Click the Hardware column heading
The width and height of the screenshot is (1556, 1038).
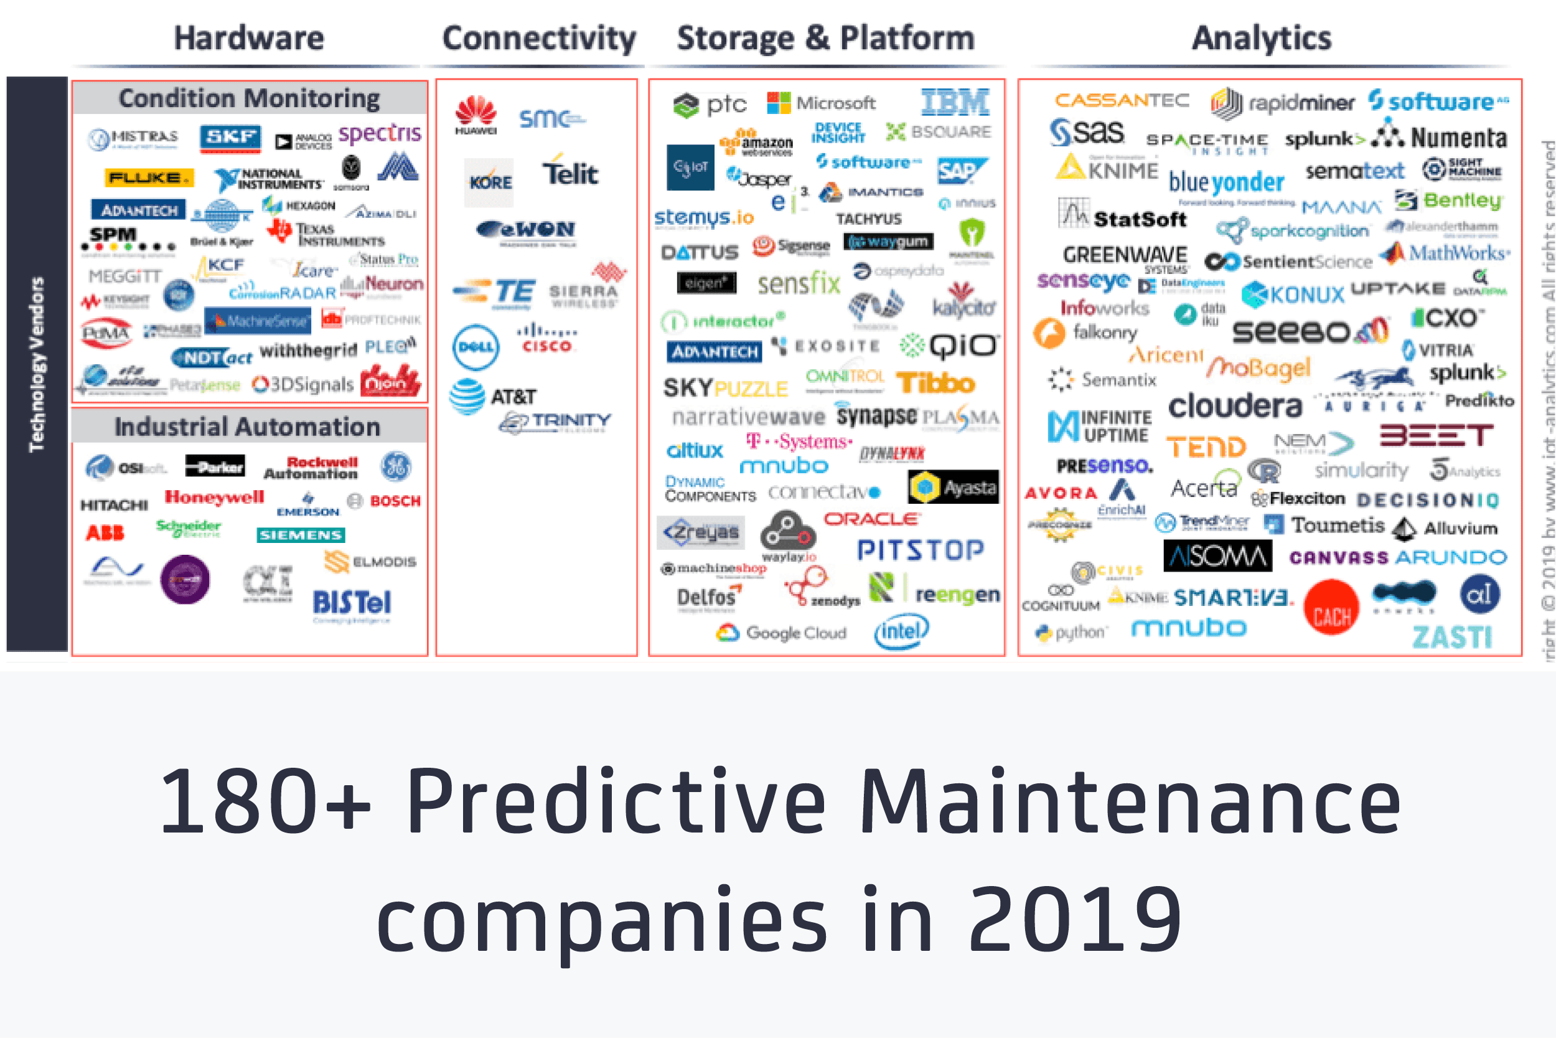[249, 38]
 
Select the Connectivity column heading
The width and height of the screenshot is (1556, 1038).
[538, 38]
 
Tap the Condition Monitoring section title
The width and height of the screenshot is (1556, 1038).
[250, 98]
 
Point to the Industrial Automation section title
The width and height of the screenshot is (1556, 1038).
[248, 427]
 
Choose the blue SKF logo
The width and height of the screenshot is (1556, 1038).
[230, 138]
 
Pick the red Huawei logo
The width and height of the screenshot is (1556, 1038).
[476, 114]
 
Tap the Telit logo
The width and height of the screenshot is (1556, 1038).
[569, 174]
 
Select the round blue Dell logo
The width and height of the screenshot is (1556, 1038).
[476, 346]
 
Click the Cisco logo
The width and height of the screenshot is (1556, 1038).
[546, 339]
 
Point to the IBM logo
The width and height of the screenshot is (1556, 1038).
[955, 103]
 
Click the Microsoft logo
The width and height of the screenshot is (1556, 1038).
[821, 103]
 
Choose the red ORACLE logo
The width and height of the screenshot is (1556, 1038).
[871, 519]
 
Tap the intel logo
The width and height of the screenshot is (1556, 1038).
[901, 631]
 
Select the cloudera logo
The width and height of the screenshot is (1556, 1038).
[1234, 405]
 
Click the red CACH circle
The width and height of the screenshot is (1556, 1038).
[1331, 608]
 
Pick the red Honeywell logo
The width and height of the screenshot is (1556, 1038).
[214, 496]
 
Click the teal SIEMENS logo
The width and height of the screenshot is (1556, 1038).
[301, 534]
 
